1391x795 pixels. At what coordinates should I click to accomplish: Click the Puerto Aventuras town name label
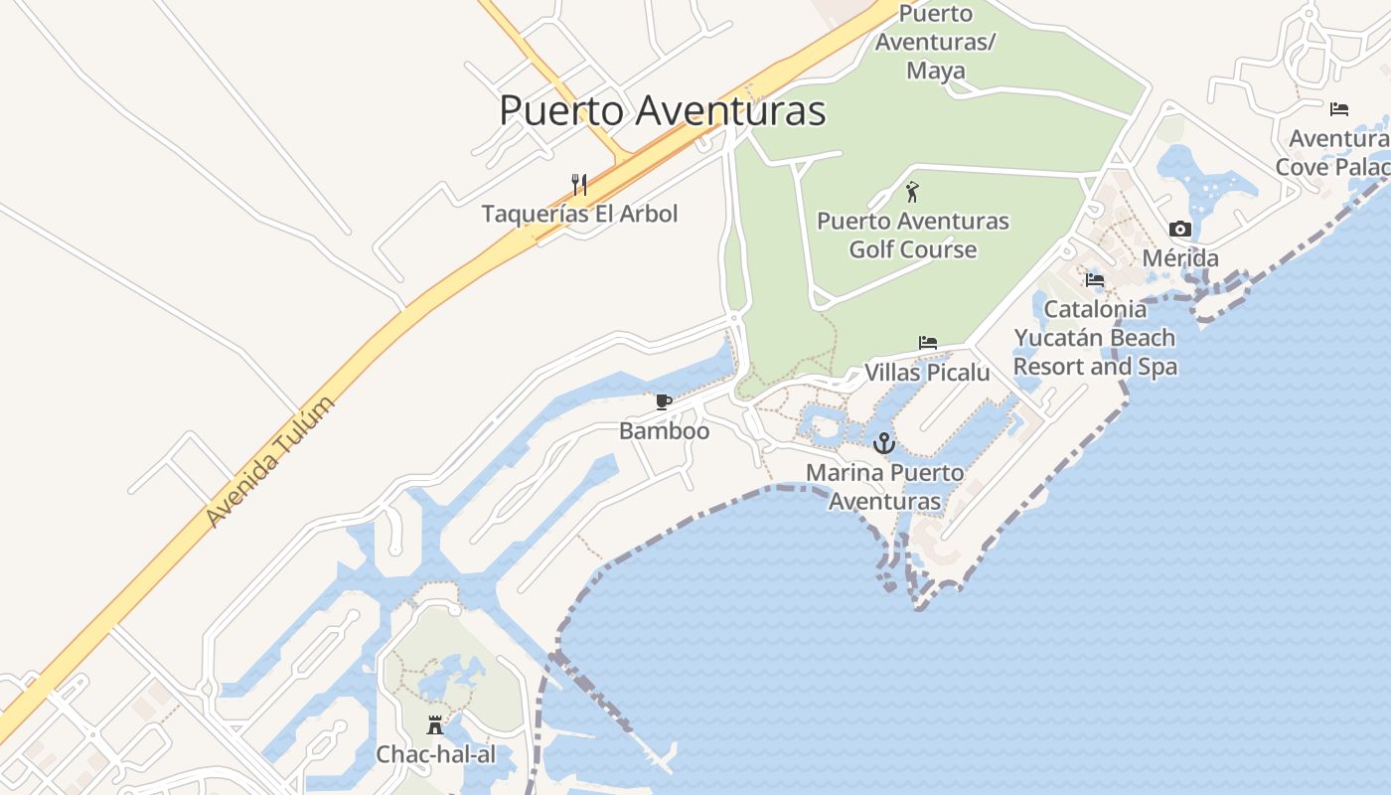click(x=662, y=110)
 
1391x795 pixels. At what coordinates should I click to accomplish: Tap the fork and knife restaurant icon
click(x=579, y=184)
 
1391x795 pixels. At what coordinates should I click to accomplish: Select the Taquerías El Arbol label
click(x=579, y=214)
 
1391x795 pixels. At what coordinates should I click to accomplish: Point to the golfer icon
click(x=913, y=191)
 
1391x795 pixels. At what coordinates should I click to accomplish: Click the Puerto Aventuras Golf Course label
click(x=913, y=235)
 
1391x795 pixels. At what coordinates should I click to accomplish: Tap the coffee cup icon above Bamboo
click(x=664, y=402)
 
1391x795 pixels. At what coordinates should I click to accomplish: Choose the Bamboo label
click(x=664, y=431)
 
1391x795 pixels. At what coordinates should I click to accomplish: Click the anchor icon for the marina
click(x=884, y=442)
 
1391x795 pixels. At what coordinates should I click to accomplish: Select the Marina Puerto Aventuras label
click(x=884, y=486)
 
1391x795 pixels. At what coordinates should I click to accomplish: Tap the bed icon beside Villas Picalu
click(x=927, y=343)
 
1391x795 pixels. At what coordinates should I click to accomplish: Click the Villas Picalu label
click(x=927, y=373)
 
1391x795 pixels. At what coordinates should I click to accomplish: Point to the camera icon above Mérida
click(x=1180, y=230)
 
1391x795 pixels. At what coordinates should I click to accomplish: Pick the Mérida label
click(x=1180, y=258)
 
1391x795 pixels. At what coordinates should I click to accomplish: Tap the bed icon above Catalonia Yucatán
click(x=1095, y=280)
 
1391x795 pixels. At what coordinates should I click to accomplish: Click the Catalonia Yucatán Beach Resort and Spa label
click(x=1095, y=338)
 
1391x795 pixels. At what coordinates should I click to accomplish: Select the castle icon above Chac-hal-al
click(x=435, y=725)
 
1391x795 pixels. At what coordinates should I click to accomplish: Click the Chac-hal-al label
click(x=435, y=754)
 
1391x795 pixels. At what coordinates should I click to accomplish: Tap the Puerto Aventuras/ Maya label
click(x=935, y=43)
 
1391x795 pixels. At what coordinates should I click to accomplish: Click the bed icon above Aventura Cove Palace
click(x=1339, y=108)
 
